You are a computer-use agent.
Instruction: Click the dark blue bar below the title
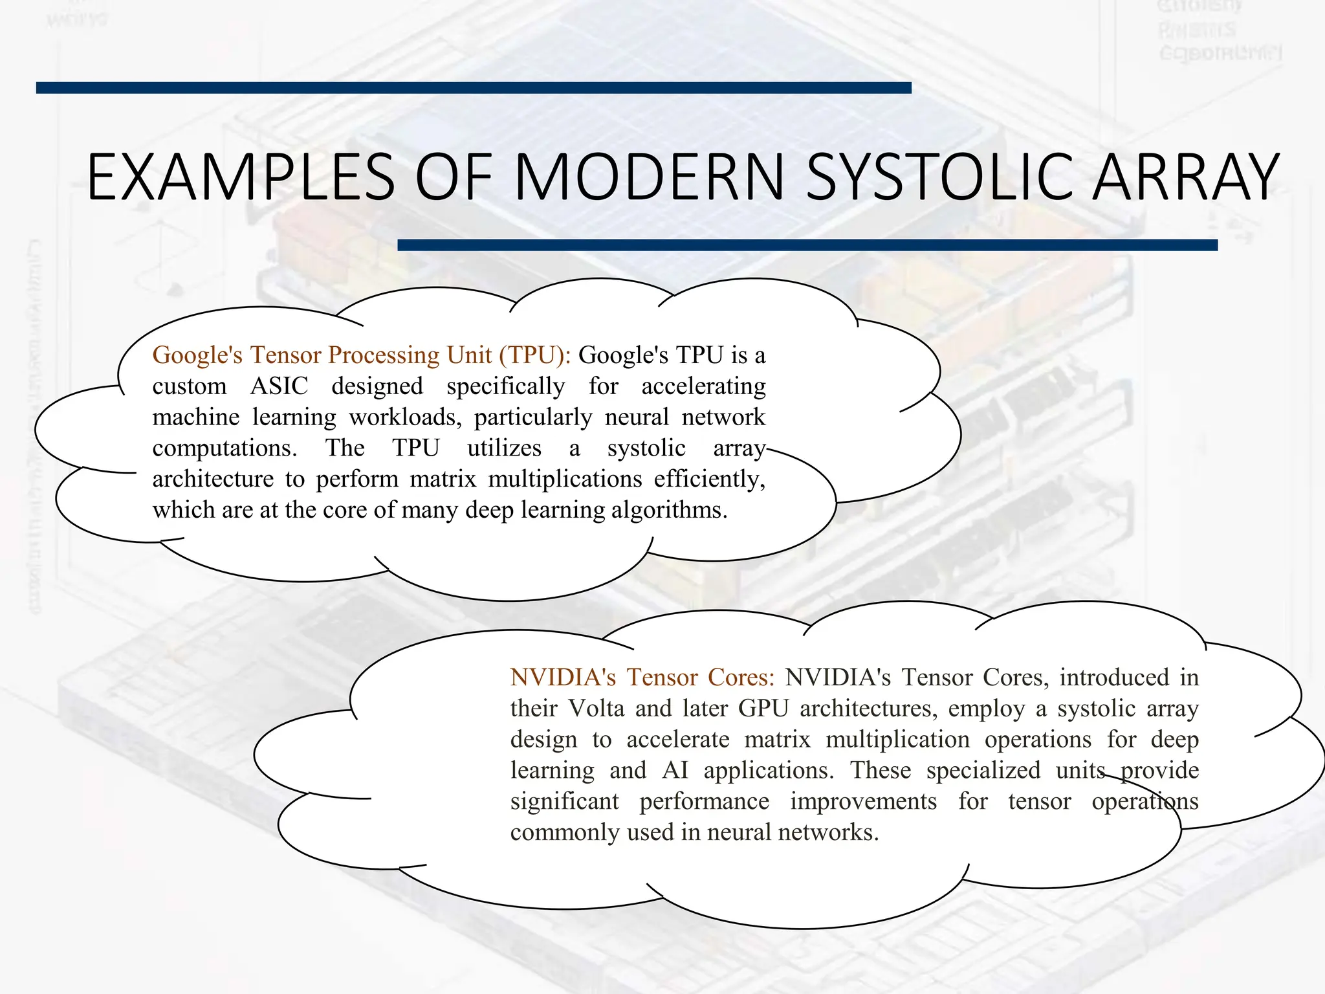(807, 245)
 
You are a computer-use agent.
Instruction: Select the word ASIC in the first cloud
(279, 386)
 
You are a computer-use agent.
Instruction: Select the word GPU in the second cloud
(763, 709)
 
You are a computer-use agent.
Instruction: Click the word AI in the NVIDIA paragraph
(675, 771)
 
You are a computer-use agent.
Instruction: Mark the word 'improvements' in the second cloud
(863, 802)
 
